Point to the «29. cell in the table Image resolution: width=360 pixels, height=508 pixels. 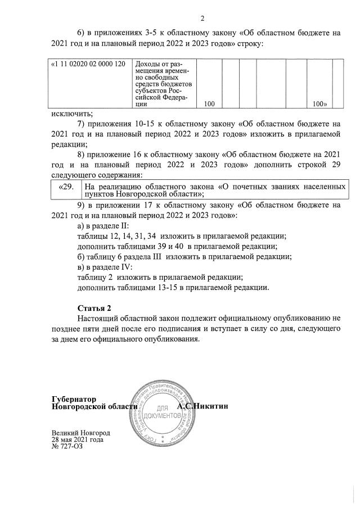66,187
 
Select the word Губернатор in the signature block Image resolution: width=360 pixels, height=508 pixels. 74,398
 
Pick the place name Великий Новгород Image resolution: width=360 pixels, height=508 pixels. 80,433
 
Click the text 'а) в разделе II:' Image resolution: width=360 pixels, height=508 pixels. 103,225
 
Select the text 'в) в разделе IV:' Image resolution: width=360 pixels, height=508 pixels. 104,267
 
